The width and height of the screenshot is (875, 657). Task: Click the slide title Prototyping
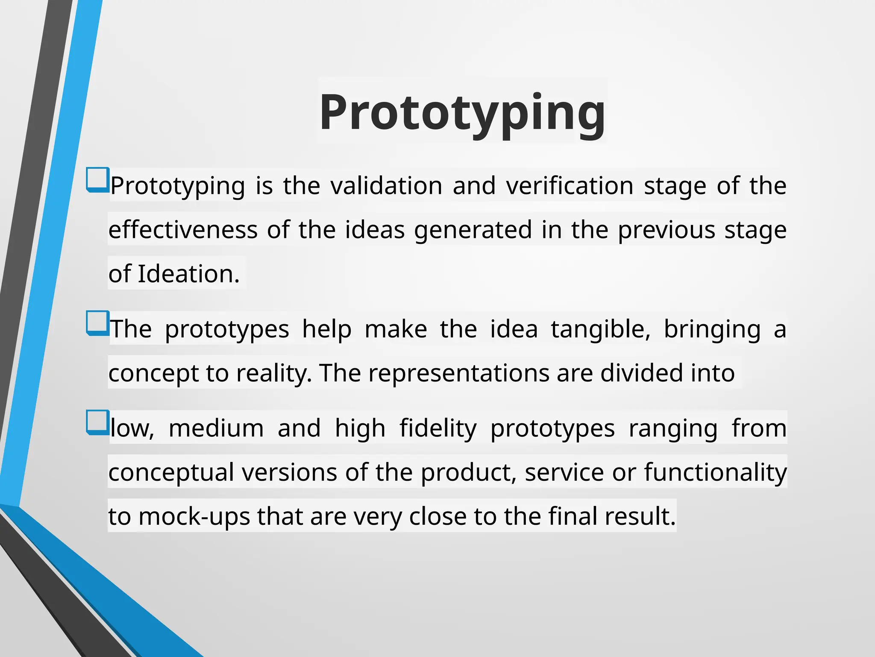click(462, 112)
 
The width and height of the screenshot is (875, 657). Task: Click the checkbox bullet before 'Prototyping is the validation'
click(97, 180)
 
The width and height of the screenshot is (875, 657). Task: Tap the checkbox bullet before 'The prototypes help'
click(97, 323)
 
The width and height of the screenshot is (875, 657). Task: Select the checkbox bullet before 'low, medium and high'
click(97, 422)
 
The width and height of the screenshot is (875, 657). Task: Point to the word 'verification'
click(570, 186)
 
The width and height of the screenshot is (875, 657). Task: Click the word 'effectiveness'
click(183, 230)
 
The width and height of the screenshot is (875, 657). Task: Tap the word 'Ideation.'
click(188, 274)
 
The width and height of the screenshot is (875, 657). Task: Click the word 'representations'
click(458, 373)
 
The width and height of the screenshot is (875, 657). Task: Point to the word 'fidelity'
click(438, 429)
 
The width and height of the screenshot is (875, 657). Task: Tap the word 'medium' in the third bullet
click(216, 429)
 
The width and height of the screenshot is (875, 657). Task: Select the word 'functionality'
click(715, 472)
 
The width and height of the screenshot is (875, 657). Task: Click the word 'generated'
click(473, 231)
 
